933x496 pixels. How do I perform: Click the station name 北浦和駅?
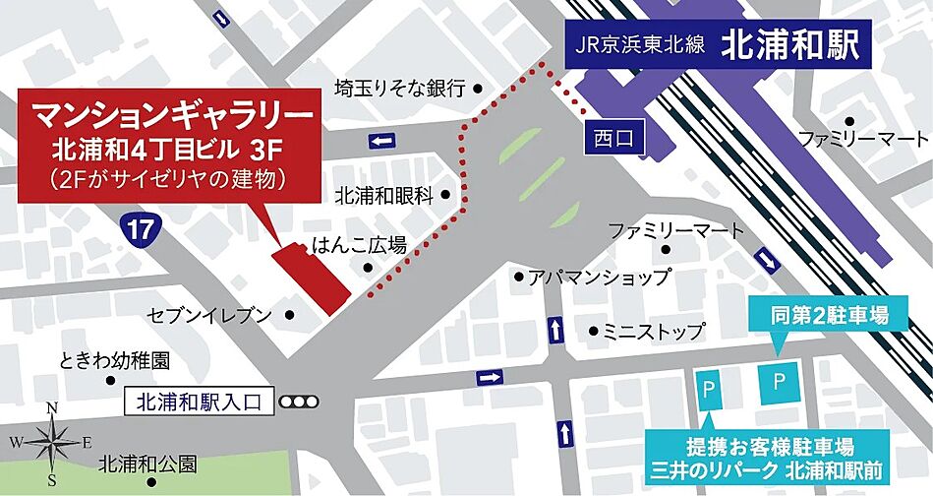[x=790, y=45]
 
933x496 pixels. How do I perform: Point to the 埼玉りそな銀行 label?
[x=399, y=89]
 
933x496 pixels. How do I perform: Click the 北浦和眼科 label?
[x=383, y=195]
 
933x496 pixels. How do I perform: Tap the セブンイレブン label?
[x=209, y=315]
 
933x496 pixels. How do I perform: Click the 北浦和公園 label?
[x=147, y=463]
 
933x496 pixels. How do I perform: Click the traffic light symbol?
[x=299, y=402]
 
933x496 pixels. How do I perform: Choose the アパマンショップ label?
[x=585, y=278]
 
